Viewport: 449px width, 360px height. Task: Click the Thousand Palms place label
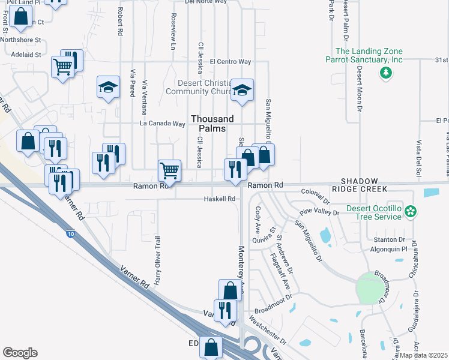(x=212, y=124)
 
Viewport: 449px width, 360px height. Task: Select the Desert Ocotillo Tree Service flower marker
(x=411, y=211)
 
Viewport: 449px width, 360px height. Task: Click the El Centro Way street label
(x=230, y=61)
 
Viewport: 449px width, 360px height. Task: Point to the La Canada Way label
(x=162, y=124)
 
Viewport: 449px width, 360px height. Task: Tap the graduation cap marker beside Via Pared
(x=109, y=88)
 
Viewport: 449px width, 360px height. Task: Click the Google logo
(x=20, y=353)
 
